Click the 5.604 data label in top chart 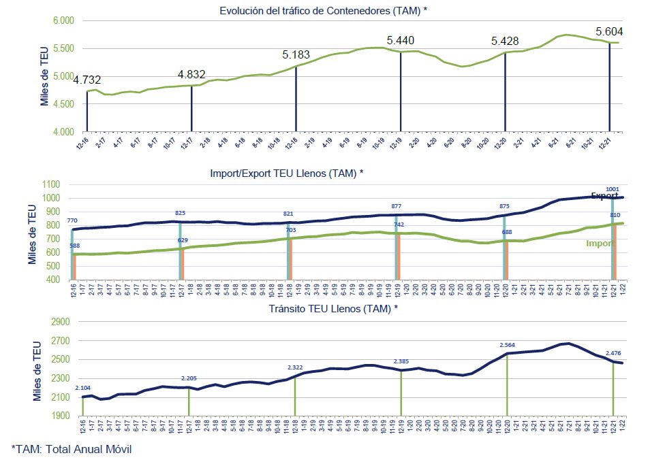[609, 31]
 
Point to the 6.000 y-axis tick [63, 20]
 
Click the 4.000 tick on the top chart [63, 131]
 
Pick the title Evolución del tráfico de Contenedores [323, 10]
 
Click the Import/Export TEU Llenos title [286, 173]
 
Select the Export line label [604, 196]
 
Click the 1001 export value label [612, 188]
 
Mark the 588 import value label [74, 246]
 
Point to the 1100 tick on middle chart [51, 184]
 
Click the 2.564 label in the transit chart [507, 344]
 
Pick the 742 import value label [399, 224]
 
